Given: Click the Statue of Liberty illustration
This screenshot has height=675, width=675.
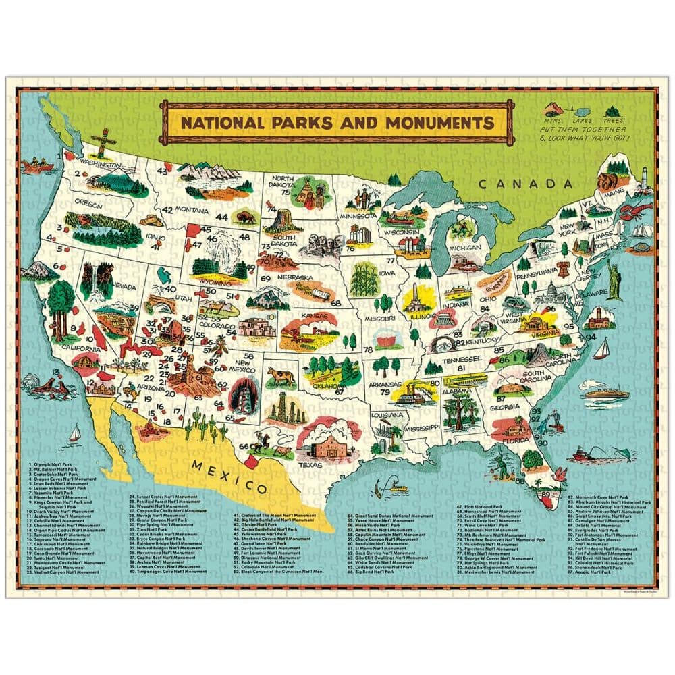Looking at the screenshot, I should [x=614, y=279].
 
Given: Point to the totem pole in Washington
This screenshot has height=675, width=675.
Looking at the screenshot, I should [x=103, y=141].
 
